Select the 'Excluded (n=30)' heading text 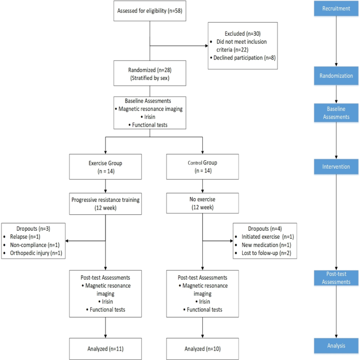pyautogui.click(x=242, y=33)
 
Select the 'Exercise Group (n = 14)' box pyautogui.click(x=106, y=167)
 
